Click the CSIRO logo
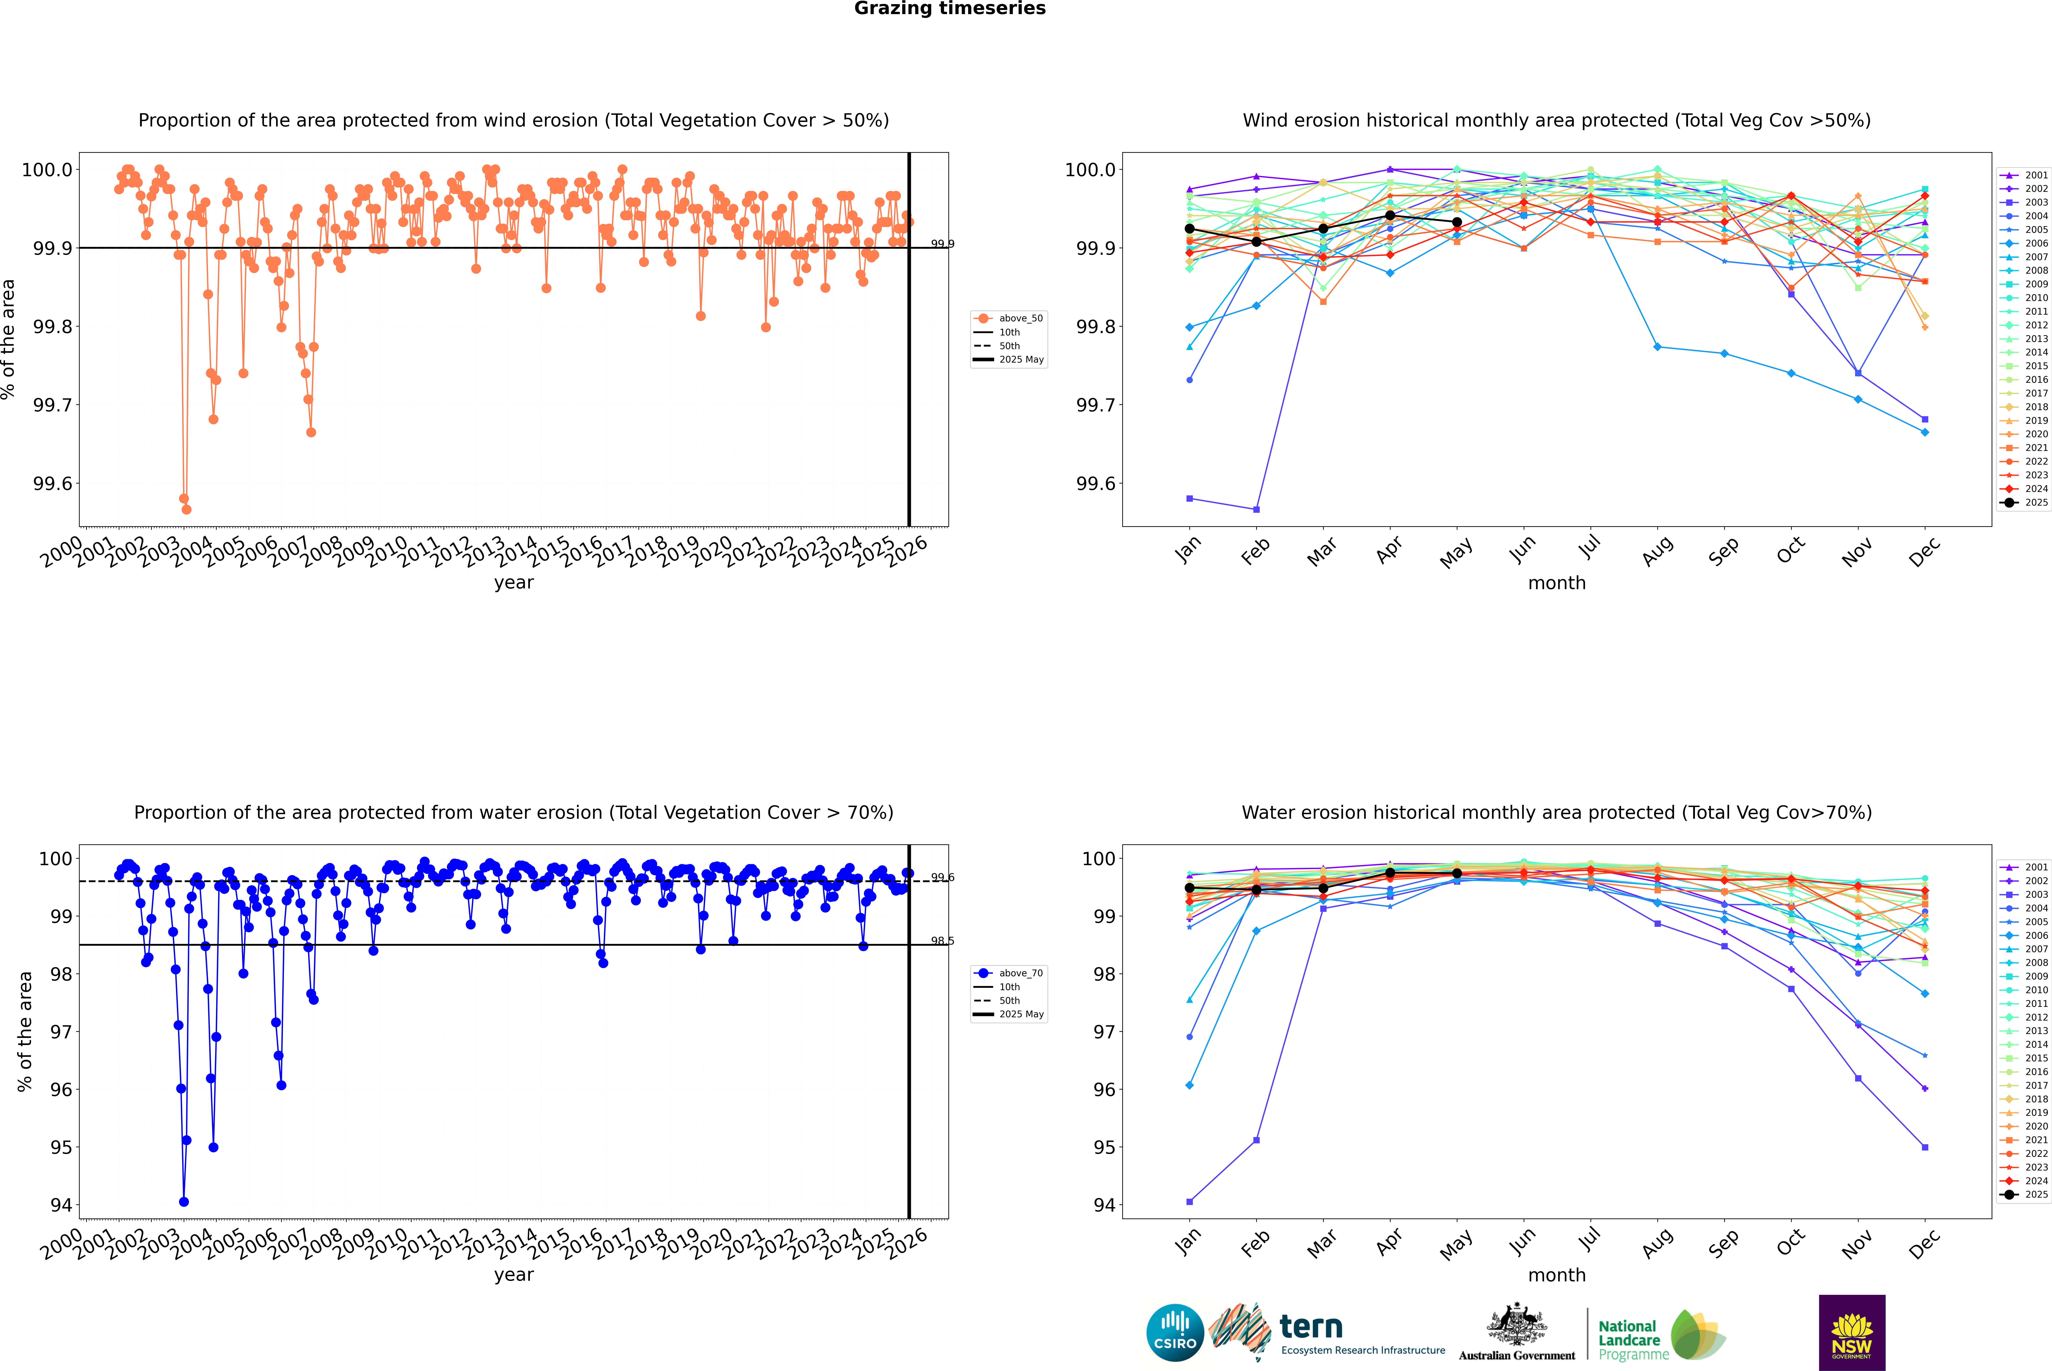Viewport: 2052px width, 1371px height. [1175, 1333]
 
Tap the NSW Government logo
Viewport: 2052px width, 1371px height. [1852, 1333]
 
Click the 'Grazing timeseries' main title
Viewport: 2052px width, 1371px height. [950, 9]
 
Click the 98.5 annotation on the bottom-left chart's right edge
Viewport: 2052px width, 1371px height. [942, 941]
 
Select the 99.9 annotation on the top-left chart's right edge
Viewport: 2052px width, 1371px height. [942, 244]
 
